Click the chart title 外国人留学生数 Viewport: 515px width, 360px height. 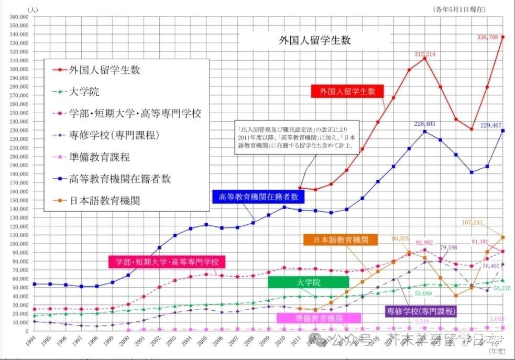click(314, 40)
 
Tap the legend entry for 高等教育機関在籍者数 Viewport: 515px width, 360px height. click(120, 178)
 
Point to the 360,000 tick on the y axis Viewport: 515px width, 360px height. click(17, 17)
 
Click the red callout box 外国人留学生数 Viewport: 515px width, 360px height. click(347, 91)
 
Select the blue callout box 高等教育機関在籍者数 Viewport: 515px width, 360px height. click(258, 197)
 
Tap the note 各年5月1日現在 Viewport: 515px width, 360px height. click(459, 9)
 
